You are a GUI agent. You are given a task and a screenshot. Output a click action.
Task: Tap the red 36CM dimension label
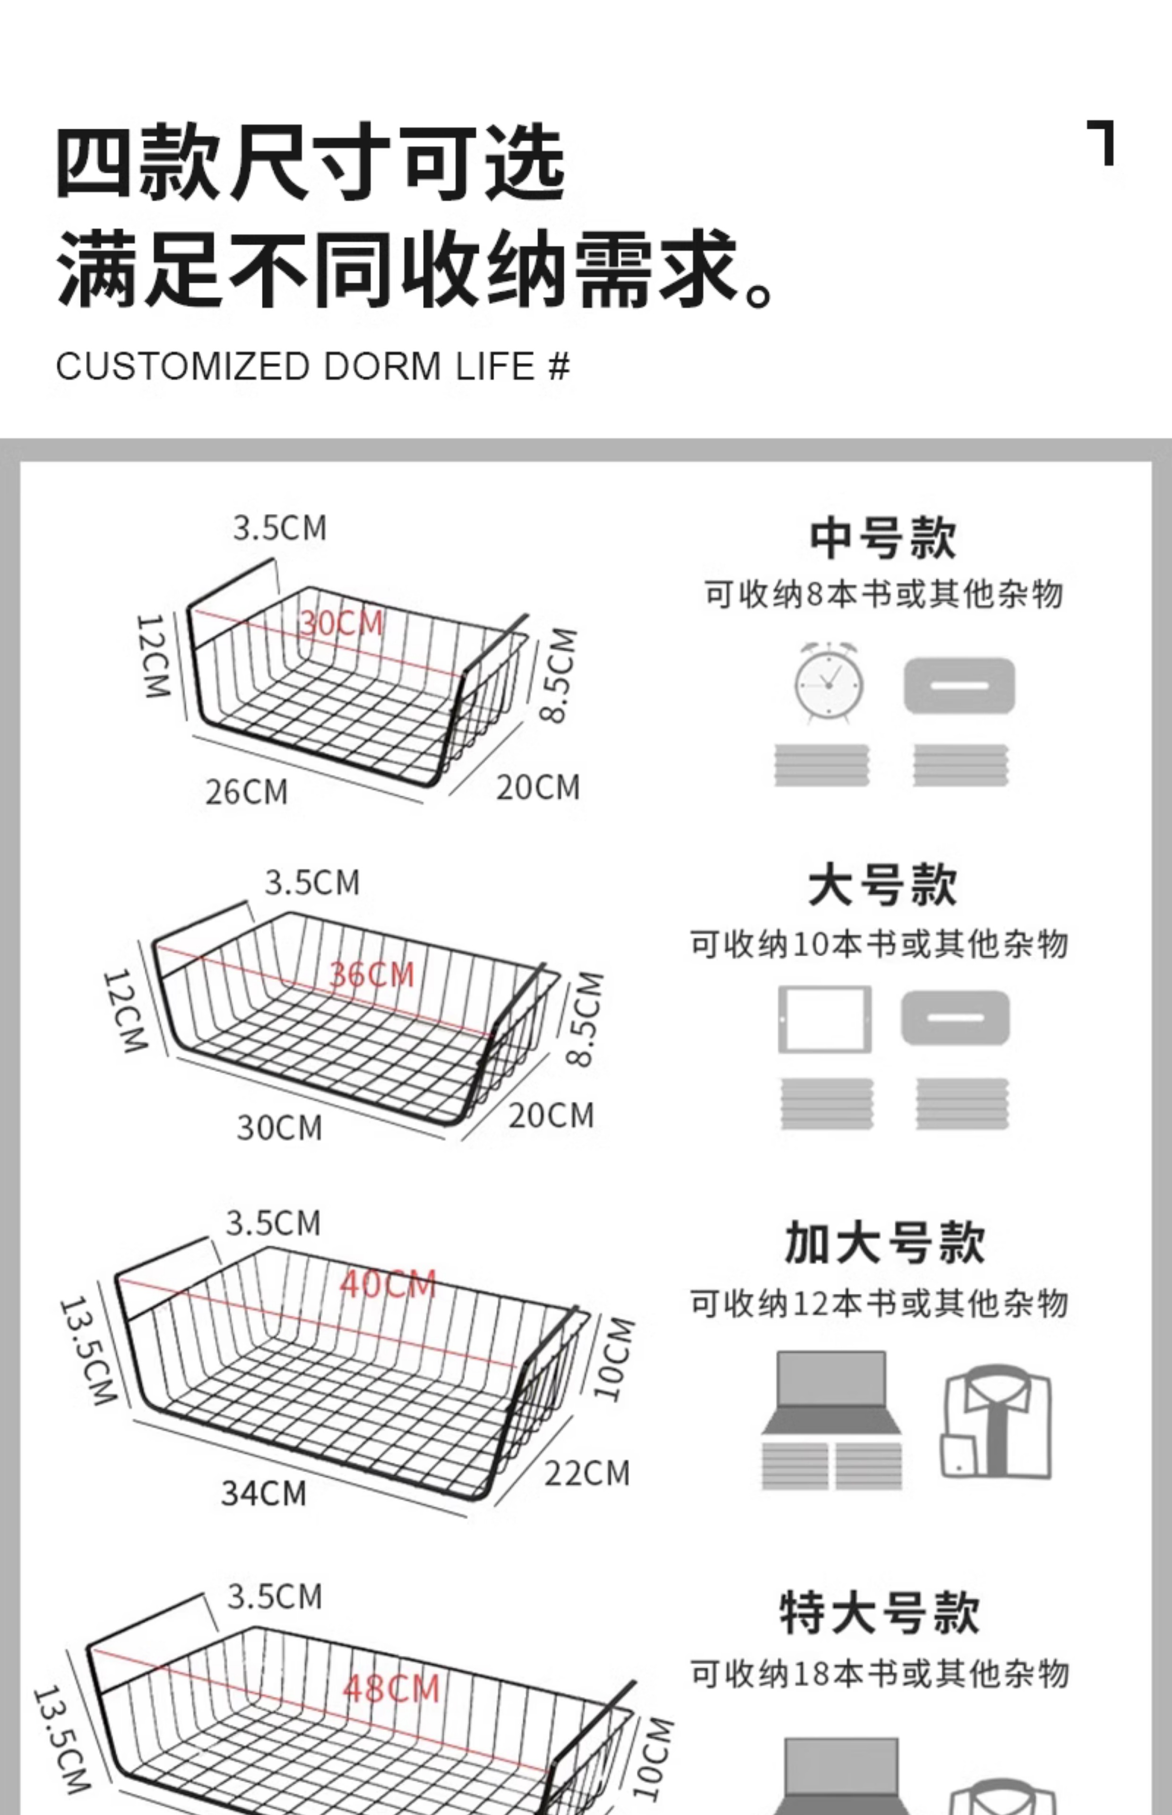pos(371,974)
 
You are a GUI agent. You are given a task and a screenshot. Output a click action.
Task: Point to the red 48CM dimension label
pos(391,1689)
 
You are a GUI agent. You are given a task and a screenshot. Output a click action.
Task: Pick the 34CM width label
pos(263,1493)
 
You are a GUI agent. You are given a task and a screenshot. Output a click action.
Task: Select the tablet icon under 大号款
pos(824,1019)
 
